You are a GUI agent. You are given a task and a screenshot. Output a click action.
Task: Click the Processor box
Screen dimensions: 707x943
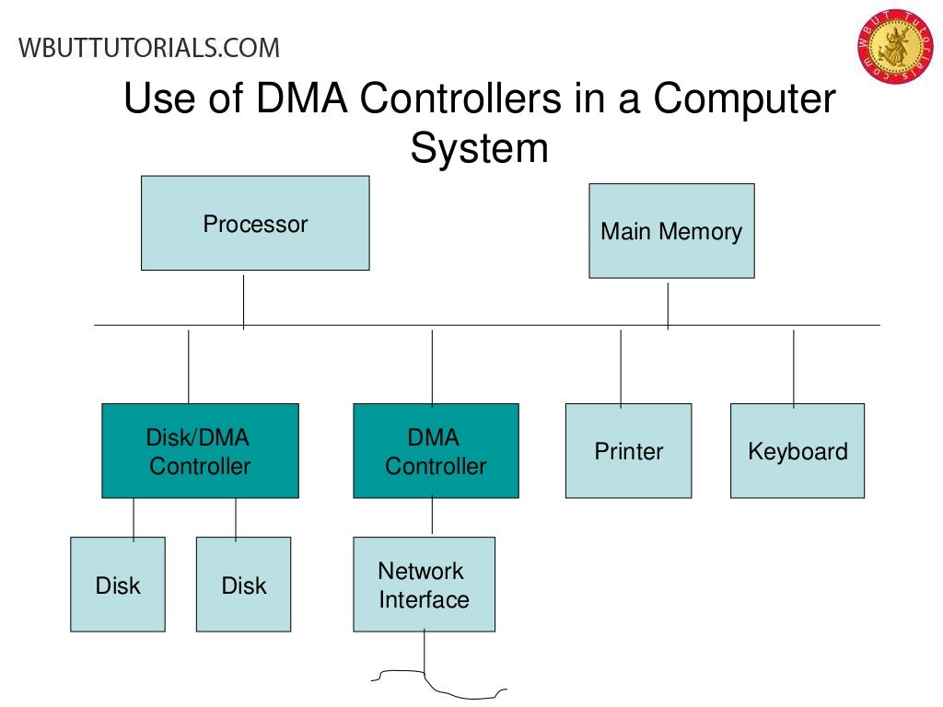click(x=255, y=223)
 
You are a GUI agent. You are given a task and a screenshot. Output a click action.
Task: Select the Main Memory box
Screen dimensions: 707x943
click(x=671, y=231)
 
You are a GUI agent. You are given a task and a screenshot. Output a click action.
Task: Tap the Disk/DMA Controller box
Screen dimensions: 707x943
click(x=200, y=451)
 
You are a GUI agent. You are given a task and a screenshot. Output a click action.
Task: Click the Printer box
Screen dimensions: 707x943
click(x=628, y=451)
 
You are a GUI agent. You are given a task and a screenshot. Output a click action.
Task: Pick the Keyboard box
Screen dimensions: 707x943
click(x=797, y=451)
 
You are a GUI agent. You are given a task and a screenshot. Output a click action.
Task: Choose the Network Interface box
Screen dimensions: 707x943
click(x=424, y=585)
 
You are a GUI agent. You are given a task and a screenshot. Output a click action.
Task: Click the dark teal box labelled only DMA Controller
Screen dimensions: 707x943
click(x=436, y=451)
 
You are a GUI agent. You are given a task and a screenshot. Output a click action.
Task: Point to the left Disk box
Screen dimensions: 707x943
click(x=118, y=585)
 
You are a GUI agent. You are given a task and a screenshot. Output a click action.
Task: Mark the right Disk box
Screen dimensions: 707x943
click(x=243, y=585)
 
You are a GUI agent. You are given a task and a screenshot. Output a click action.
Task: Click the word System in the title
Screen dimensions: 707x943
click(x=479, y=148)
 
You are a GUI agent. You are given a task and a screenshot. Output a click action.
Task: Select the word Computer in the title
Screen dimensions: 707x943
click(x=745, y=99)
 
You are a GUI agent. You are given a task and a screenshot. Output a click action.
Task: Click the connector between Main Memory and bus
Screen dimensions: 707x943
click(x=668, y=302)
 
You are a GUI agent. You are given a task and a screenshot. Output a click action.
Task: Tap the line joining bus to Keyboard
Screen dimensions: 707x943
click(x=794, y=366)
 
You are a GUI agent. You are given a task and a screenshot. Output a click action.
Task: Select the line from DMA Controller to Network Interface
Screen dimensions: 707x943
click(x=432, y=517)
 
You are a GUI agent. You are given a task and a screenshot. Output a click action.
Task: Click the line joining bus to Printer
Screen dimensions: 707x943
click(x=621, y=366)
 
